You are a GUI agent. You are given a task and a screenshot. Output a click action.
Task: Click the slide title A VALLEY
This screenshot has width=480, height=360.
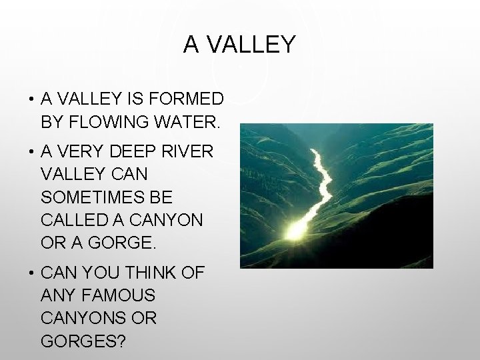pyautogui.click(x=239, y=45)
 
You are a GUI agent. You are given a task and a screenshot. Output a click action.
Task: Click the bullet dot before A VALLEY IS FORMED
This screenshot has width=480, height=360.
pyautogui.click(x=31, y=100)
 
